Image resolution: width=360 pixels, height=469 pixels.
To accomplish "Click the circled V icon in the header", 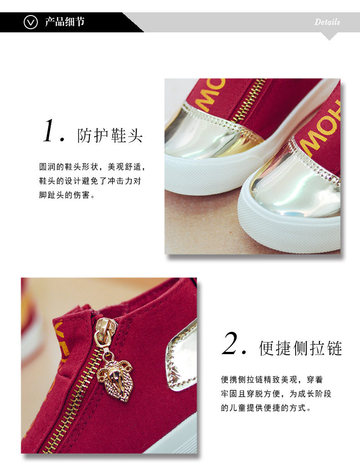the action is click(x=31, y=22).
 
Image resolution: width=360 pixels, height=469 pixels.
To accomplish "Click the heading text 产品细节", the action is click(x=65, y=22).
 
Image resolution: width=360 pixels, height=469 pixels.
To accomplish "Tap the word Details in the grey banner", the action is click(x=327, y=22).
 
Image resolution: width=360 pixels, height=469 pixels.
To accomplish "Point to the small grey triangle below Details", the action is click(x=329, y=36).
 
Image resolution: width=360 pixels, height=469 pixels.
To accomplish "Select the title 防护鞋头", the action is click(x=110, y=135).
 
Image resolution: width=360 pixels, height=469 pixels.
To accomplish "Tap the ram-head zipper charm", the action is click(x=115, y=379).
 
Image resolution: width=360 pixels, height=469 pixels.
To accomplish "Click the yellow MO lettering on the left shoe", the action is click(x=209, y=94).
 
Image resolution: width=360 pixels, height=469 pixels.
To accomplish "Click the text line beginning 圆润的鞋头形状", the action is click(x=92, y=167).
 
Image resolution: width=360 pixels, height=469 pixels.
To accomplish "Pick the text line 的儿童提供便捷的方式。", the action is click(x=266, y=407).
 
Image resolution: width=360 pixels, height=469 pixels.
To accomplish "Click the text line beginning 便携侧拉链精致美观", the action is click(x=272, y=380).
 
